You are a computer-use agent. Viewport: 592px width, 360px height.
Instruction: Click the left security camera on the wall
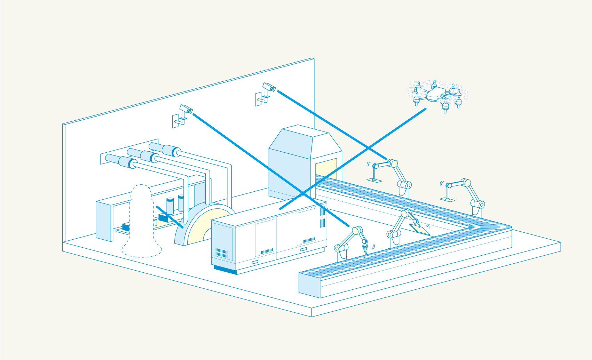186,109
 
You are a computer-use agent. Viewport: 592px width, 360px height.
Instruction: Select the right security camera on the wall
269,87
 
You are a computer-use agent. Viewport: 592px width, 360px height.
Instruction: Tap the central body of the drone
436,94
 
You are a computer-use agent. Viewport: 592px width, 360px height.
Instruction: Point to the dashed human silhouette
141,223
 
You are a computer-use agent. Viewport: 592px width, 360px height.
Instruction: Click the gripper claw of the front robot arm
365,248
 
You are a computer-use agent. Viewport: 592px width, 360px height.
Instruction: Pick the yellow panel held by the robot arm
420,229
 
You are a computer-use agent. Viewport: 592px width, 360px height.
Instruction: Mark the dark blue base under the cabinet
225,270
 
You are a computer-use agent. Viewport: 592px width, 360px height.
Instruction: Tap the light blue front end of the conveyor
309,285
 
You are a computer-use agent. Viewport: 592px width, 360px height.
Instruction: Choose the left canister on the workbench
170,206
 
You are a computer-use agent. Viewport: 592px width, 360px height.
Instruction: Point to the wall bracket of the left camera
176,121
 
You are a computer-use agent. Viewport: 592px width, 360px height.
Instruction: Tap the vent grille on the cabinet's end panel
221,253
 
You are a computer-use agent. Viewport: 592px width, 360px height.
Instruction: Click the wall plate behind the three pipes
104,159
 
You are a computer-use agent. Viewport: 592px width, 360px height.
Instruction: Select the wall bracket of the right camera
259,99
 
